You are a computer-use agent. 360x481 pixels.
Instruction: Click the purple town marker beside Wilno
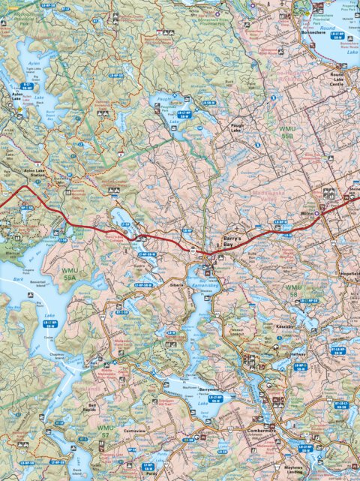pyautogui.click(x=316, y=213)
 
